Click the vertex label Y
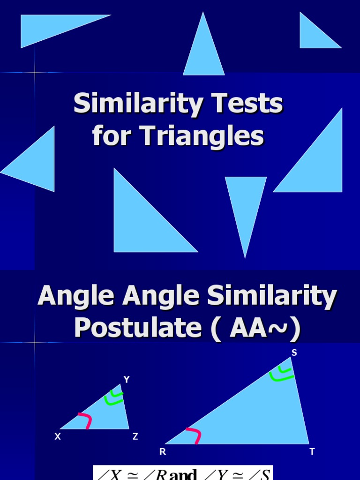coord(126,379)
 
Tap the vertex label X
coord(58,436)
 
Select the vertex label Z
coord(135,436)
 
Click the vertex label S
coord(294,353)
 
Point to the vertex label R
coord(163,452)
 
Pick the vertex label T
coord(312,452)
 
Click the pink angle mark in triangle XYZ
coord(85,420)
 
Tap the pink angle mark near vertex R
coord(195,435)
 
